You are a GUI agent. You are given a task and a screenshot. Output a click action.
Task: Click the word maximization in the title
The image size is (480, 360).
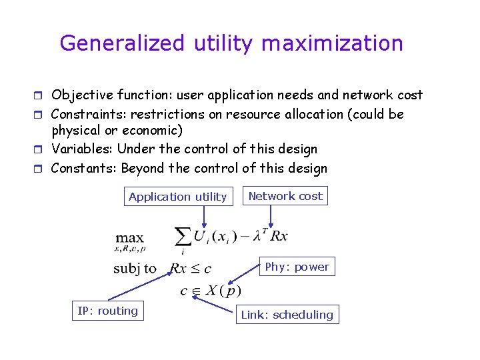332,43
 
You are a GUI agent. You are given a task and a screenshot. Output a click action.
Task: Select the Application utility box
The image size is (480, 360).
178,197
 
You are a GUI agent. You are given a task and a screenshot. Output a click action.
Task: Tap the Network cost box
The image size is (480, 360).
285,196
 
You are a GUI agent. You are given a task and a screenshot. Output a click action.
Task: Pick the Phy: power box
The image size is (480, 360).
297,267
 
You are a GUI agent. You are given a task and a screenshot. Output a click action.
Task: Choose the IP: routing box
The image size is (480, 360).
107,311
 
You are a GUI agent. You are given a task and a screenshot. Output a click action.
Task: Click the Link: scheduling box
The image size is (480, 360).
287,315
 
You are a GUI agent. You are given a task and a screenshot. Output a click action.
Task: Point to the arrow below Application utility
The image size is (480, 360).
204,215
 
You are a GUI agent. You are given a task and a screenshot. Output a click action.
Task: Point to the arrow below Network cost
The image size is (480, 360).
271,215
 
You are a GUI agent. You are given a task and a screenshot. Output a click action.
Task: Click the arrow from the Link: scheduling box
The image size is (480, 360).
217,304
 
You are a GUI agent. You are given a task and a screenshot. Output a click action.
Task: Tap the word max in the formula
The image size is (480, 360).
129,238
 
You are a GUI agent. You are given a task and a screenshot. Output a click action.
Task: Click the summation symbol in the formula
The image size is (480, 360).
182,237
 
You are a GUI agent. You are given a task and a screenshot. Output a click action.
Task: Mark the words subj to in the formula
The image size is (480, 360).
135,269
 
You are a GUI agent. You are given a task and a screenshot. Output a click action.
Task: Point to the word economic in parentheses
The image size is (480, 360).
153,131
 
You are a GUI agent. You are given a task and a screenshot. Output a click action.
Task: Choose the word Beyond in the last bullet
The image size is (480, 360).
143,168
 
